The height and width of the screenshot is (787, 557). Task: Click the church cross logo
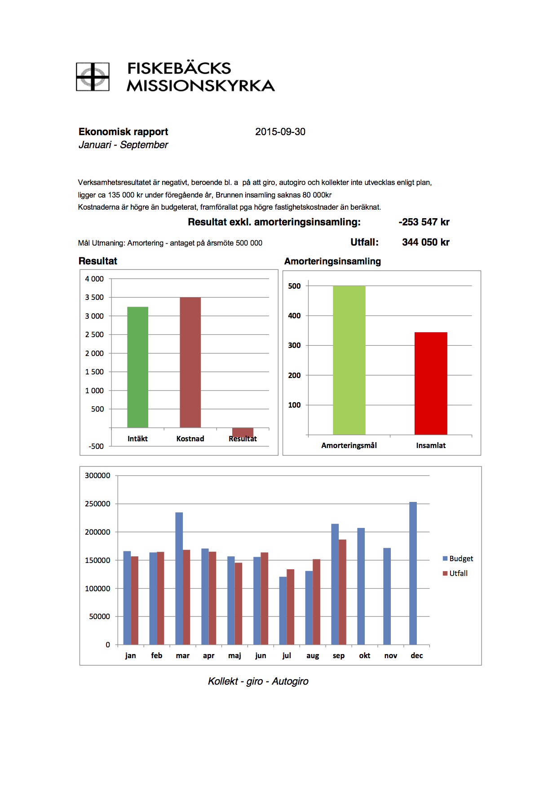point(93,77)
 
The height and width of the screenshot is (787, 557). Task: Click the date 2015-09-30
point(280,132)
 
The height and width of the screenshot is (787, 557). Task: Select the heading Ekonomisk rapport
point(123,132)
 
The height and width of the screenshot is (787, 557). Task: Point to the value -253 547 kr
point(424,222)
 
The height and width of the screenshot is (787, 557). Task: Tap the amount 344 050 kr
point(425,242)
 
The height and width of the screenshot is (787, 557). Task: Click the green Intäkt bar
point(137,367)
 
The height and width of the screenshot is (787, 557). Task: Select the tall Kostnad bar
point(190,362)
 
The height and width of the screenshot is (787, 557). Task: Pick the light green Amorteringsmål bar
point(349,360)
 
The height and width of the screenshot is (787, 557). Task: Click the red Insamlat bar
point(431,383)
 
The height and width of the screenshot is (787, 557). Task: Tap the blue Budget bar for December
point(413,573)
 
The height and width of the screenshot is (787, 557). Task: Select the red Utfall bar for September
point(342,592)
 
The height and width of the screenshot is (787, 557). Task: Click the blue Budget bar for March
point(179,578)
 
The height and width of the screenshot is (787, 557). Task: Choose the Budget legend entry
point(458,558)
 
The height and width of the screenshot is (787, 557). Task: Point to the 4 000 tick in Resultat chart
point(94,279)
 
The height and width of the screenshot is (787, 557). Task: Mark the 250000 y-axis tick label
point(97,504)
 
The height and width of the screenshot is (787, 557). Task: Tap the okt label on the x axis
point(365,655)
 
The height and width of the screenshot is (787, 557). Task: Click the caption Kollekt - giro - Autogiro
point(258,681)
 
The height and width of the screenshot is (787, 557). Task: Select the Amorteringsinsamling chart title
point(332,261)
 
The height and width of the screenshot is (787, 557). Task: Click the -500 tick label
point(96,446)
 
